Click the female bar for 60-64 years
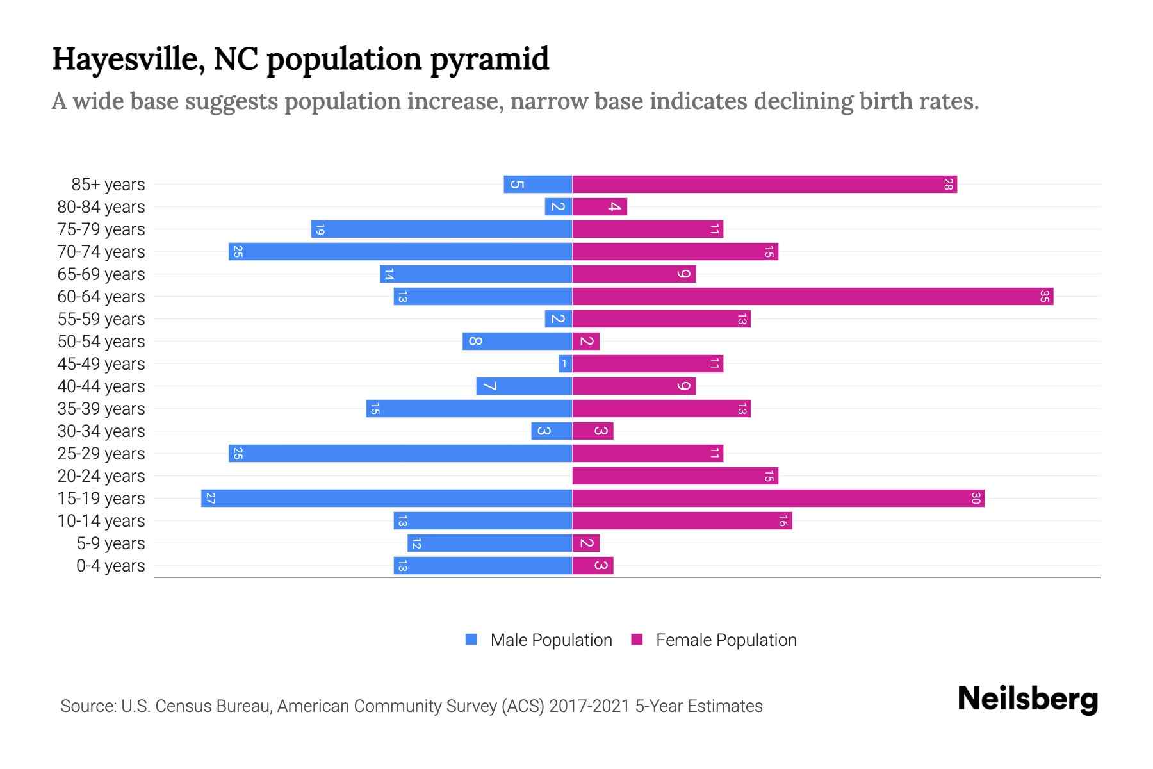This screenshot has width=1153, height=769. [812, 297]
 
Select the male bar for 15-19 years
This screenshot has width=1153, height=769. [386, 499]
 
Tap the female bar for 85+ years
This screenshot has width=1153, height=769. [764, 185]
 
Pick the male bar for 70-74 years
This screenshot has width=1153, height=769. [400, 252]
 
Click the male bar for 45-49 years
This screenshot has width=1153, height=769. [565, 364]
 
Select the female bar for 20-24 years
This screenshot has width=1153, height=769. [675, 476]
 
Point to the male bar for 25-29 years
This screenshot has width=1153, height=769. [400, 454]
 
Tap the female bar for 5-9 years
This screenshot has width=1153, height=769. [585, 543]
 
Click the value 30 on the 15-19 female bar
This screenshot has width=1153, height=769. [976, 499]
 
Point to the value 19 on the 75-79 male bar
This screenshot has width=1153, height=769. [320, 229]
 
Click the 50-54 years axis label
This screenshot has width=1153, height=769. [101, 342]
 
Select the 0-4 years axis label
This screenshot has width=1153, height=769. [110, 566]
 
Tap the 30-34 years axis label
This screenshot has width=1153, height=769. [101, 431]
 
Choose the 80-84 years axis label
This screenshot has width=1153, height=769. [101, 207]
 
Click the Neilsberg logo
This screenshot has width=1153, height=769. [1027, 699]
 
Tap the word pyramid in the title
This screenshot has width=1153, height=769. [489, 59]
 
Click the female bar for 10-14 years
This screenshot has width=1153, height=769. [682, 521]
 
